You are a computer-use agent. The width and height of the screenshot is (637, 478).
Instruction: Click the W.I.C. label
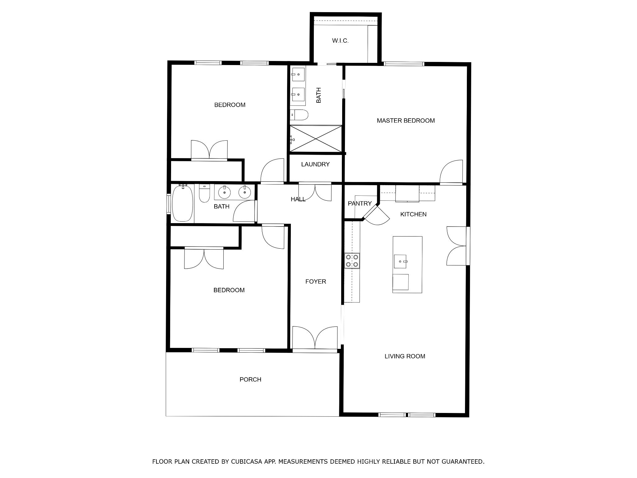click(340, 41)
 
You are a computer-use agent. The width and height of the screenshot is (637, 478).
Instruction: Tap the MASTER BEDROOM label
click(406, 121)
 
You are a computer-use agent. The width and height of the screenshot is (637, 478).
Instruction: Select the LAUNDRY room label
click(315, 164)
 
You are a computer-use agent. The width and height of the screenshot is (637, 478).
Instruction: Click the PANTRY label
click(360, 204)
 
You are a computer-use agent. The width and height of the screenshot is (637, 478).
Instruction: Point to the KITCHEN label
click(413, 214)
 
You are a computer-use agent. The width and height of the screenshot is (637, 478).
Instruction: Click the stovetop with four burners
click(352, 261)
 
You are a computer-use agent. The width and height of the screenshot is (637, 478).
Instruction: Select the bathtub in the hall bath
click(182, 203)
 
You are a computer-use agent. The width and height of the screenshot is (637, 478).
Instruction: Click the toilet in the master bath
click(299, 115)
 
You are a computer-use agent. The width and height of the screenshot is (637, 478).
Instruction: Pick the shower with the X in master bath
click(315, 139)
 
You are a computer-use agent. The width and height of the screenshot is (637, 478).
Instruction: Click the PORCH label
click(250, 380)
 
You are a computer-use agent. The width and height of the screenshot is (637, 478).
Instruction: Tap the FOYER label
click(315, 282)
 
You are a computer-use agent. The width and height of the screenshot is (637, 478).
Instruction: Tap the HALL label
click(298, 199)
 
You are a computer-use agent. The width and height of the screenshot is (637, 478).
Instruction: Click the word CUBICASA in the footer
click(244, 462)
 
